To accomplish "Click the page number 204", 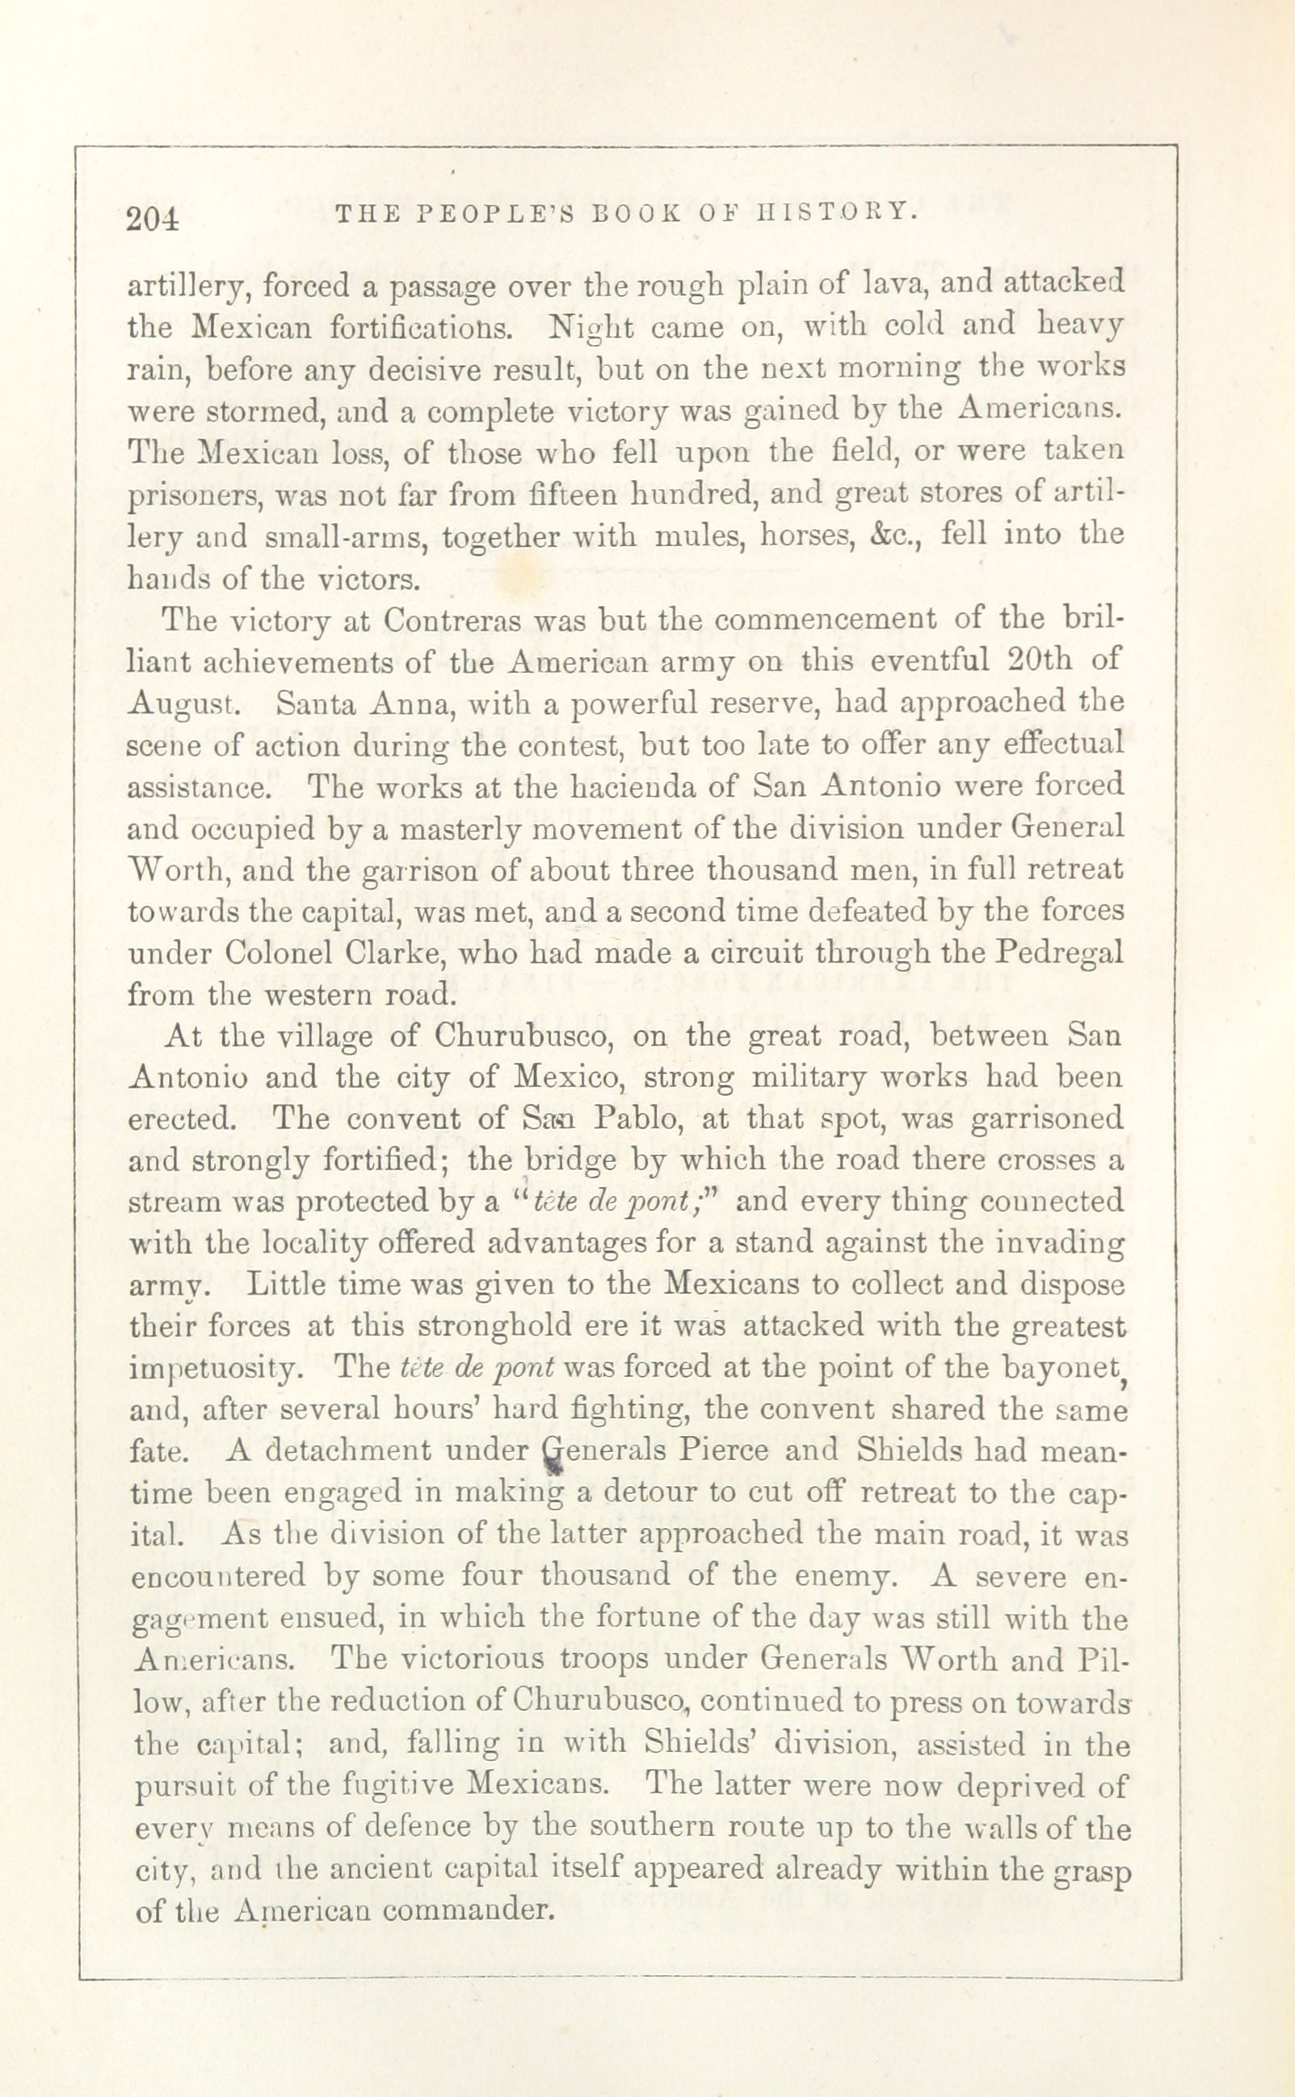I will coord(153,220).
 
